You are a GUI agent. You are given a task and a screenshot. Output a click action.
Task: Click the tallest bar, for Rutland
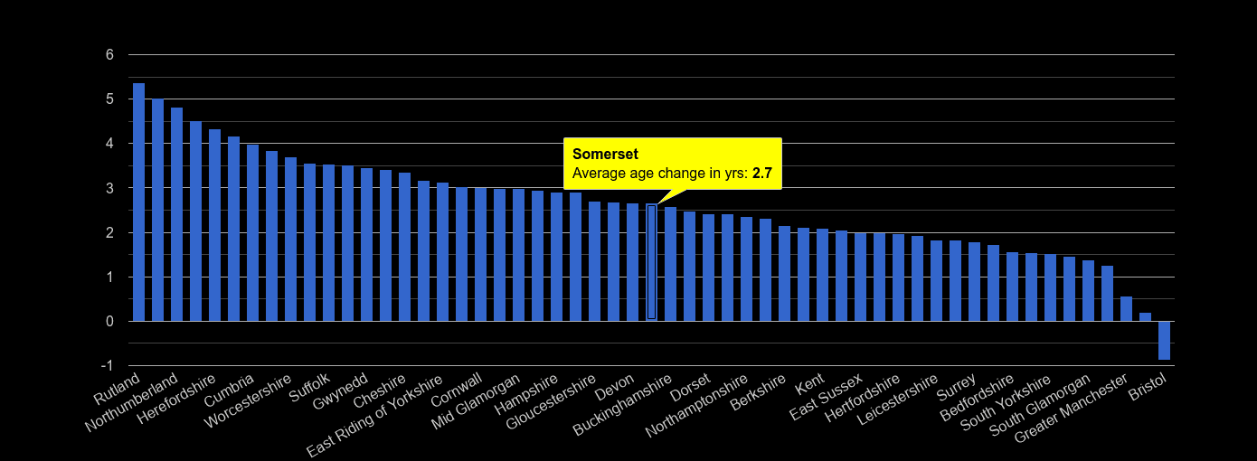point(138,202)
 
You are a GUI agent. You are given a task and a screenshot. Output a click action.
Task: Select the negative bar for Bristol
point(1164,341)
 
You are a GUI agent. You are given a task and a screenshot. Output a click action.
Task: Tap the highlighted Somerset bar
point(651,262)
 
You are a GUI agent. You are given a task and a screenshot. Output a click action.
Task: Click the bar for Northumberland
point(157,211)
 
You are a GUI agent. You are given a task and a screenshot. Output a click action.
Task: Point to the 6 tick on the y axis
point(109,55)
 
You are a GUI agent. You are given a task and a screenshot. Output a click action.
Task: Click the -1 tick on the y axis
point(107,366)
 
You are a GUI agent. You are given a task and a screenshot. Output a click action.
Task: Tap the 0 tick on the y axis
point(109,322)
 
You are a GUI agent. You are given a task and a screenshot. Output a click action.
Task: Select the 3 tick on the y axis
point(109,188)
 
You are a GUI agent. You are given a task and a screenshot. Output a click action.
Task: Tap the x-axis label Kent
point(808,386)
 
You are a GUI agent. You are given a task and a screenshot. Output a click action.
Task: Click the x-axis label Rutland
point(118,389)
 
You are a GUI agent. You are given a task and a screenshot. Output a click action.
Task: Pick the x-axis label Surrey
point(957,388)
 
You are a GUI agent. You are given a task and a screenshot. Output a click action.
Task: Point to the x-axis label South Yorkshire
point(1007,403)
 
